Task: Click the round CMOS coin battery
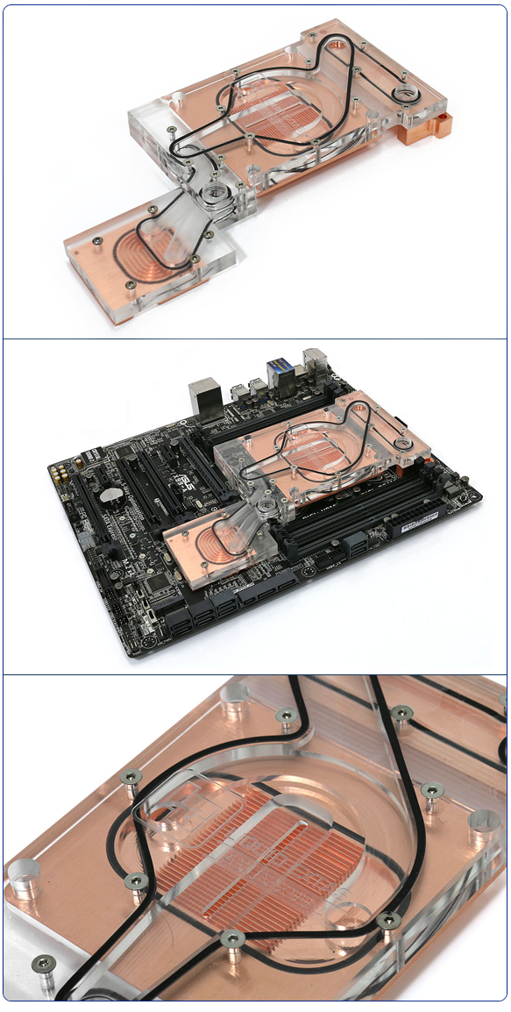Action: click(111, 495)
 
